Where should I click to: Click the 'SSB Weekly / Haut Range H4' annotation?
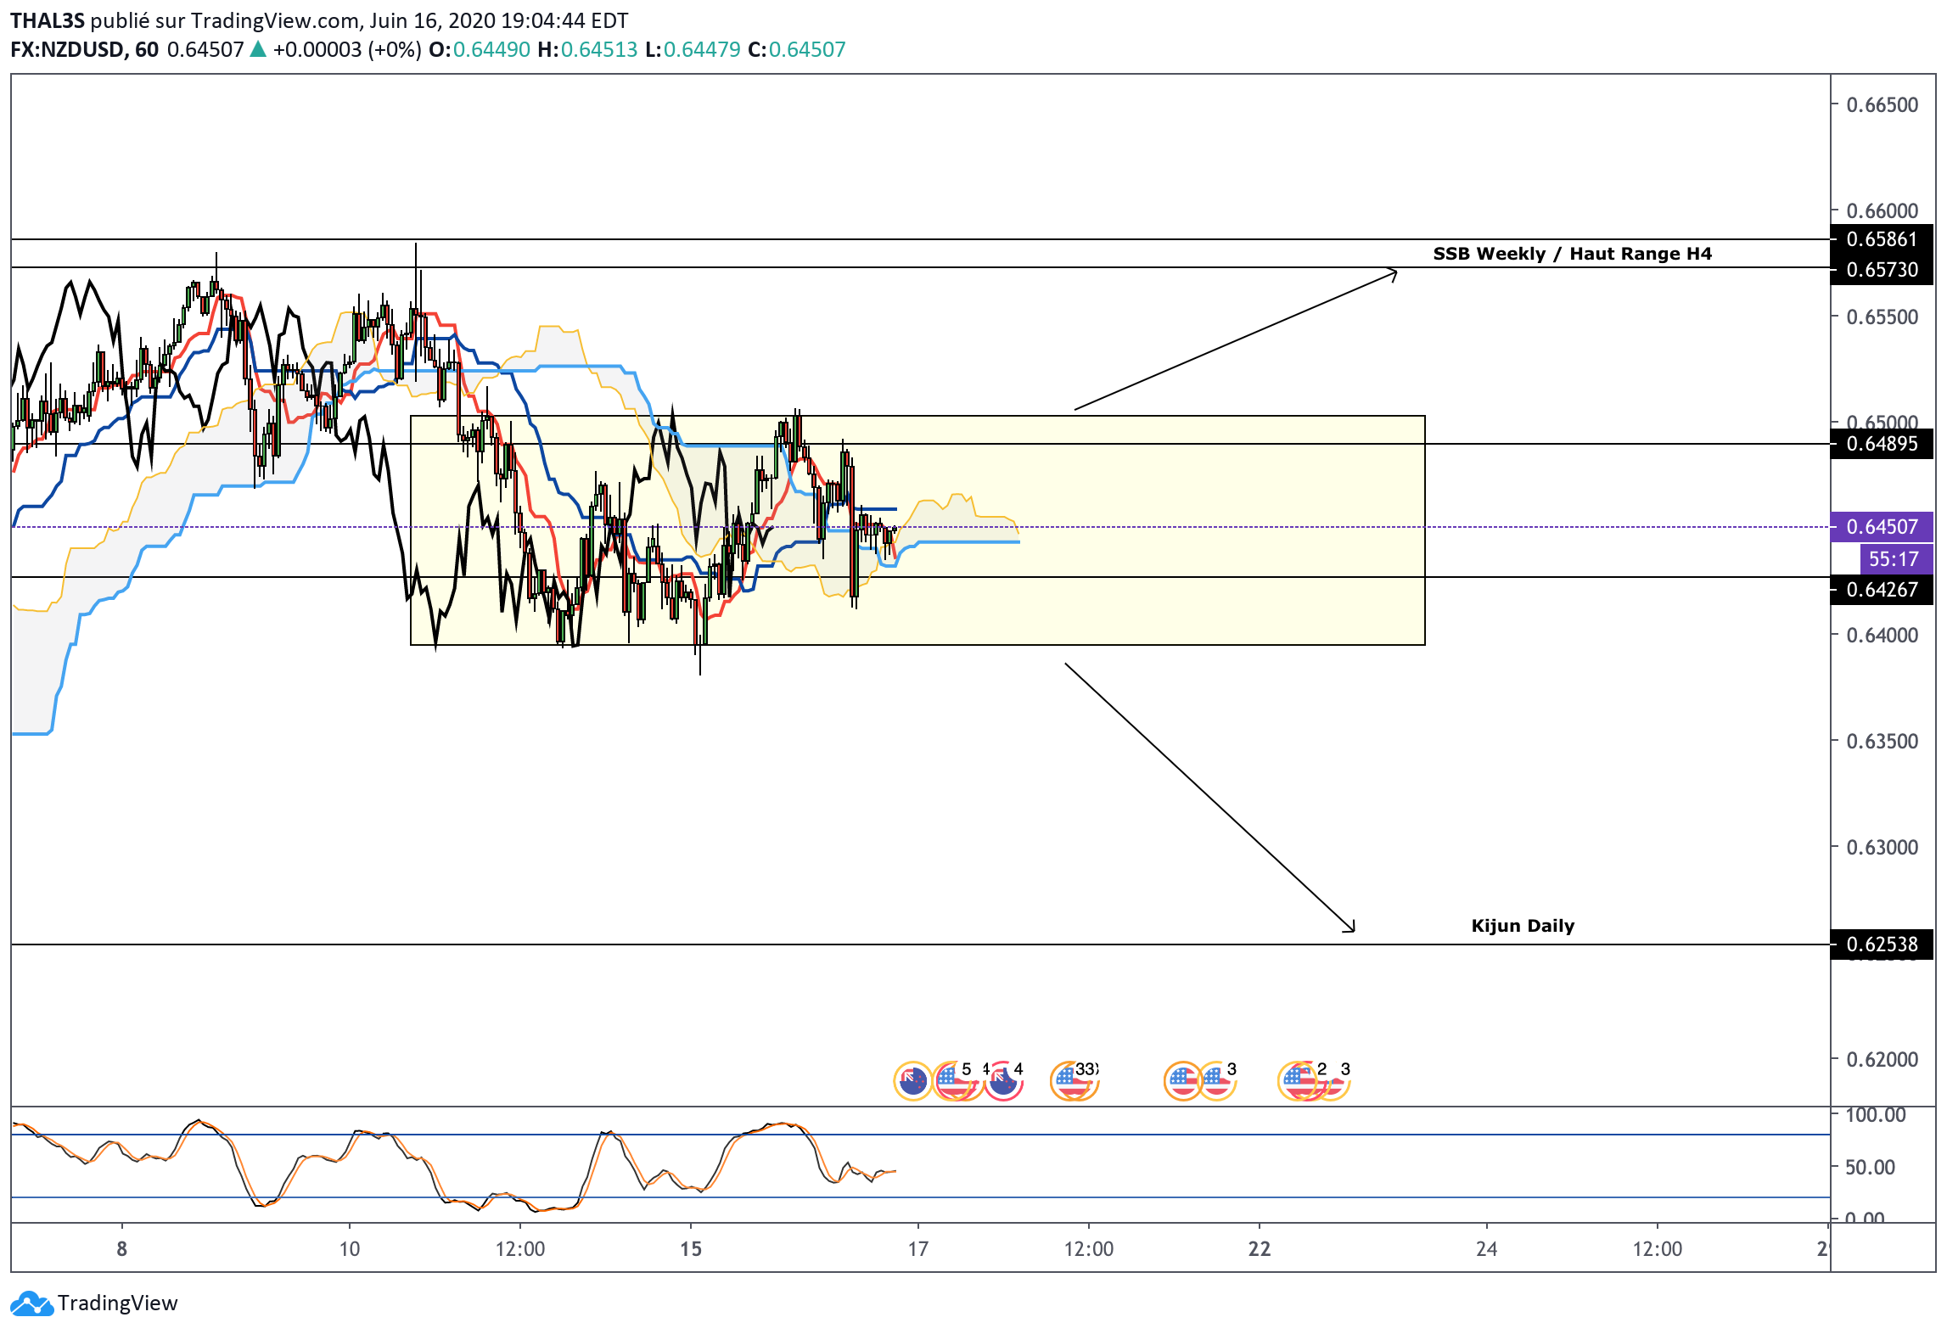point(1572,254)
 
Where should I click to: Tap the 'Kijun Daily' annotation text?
point(1523,926)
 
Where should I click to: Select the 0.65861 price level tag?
point(1882,239)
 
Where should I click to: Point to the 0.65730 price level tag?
point(1882,270)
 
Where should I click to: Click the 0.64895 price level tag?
point(1882,444)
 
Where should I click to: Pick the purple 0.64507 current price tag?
point(1882,527)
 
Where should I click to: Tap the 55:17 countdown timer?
point(1894,559)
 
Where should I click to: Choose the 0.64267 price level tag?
point(1882,590)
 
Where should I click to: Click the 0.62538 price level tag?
point(1882,944)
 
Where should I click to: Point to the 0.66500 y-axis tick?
point(1882,105)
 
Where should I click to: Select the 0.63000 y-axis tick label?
point(1882,848)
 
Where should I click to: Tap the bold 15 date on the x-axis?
point(691,1249)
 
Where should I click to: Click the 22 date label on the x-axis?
point(1260,1249)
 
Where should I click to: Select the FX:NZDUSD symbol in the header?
point(67,50)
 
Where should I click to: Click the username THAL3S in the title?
point(48,21)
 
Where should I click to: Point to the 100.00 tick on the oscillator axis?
point(1875,1115)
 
